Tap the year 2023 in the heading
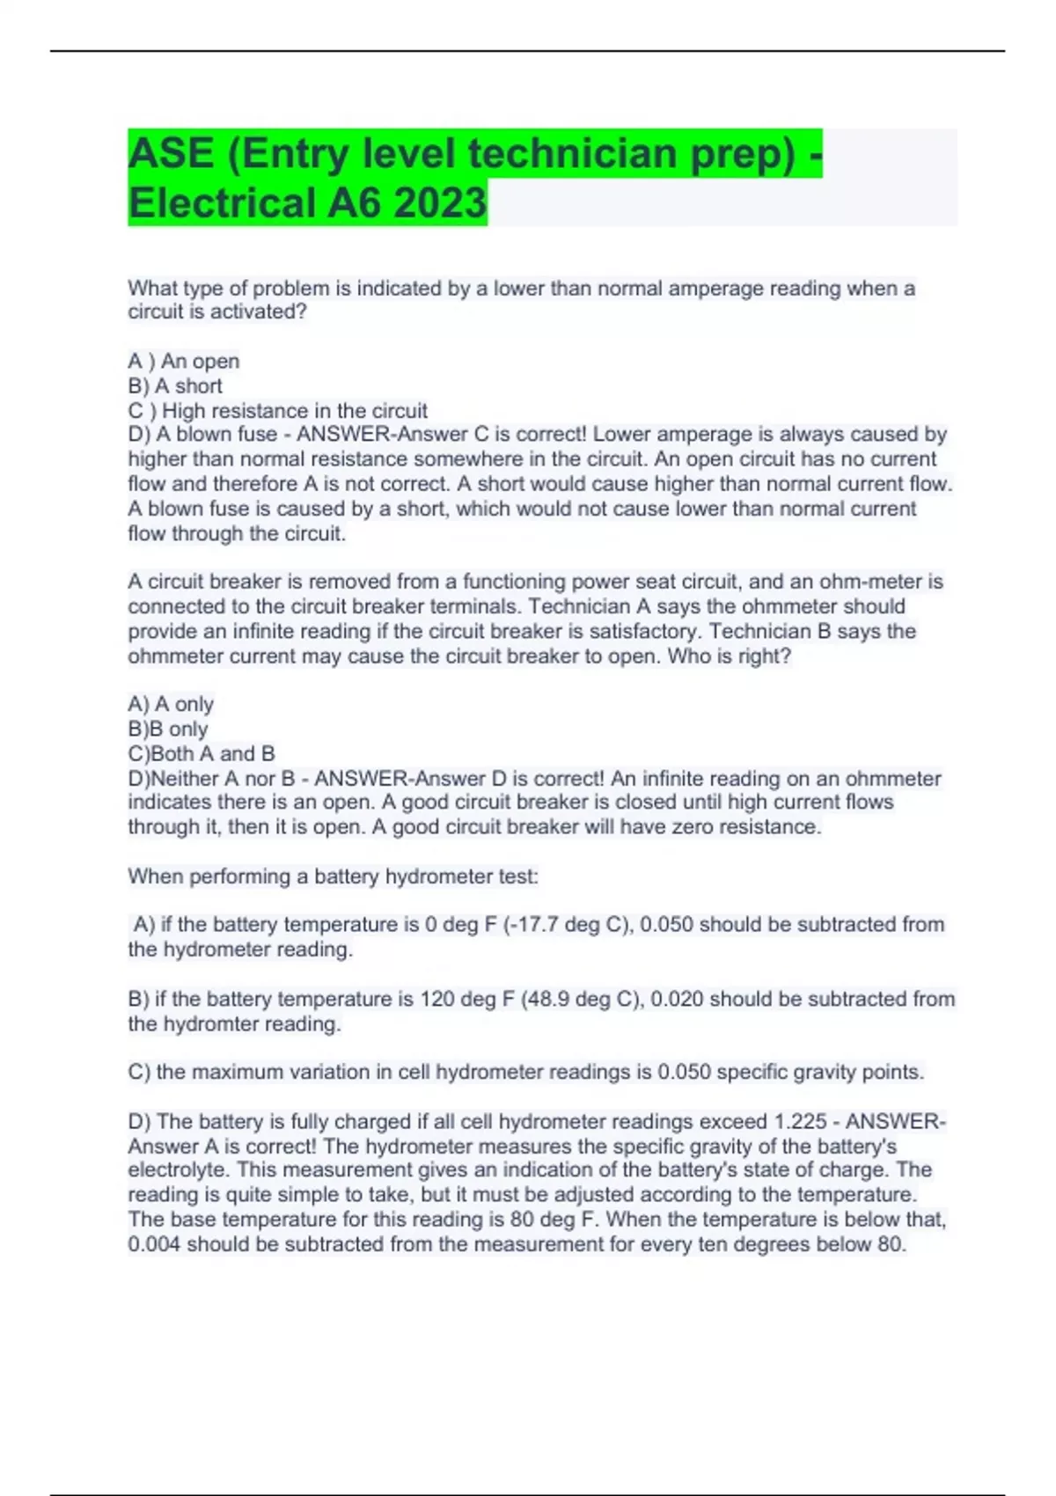point(439,203)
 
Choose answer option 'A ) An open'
point(184,361)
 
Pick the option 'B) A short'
point(175,385)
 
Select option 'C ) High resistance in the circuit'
point(278,410)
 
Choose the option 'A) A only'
point(171,704)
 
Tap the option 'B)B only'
point(168,729)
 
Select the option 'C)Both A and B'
point(202,753)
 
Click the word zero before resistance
point(728,827)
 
